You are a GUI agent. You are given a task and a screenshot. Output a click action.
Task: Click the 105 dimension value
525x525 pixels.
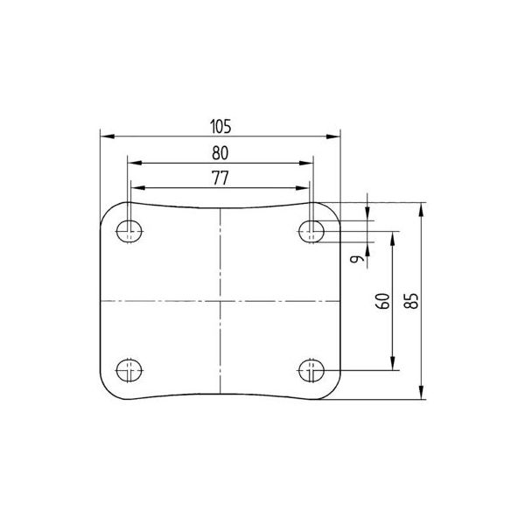click(x=220, y=127)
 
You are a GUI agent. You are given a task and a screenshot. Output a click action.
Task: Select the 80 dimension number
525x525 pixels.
click(x=220, y=153)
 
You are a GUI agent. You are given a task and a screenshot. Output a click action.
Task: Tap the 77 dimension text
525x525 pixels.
click(x=220, y=178)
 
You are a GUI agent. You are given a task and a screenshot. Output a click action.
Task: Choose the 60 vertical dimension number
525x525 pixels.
click(x=382, y=301)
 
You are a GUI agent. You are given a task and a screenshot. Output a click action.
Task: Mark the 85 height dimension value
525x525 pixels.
click(x=411, y=301)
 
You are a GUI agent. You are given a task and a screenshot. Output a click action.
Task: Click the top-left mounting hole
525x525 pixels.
click(x=129, y=231)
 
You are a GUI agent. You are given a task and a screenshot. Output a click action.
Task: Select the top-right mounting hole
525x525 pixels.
click(x=311, y=231)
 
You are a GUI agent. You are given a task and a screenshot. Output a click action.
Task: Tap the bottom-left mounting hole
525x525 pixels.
click(x=129, y=370)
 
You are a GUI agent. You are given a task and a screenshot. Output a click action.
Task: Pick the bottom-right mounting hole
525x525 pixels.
click(x=311, y=370)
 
